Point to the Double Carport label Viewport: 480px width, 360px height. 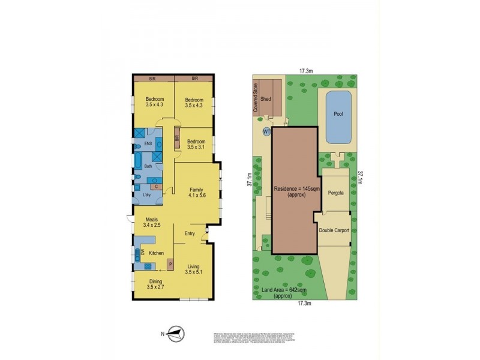[334, 230]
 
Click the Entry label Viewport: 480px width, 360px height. [190, 234]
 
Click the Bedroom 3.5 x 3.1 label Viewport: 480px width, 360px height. [196, 144]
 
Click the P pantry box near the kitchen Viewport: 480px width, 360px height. [170, 263]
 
